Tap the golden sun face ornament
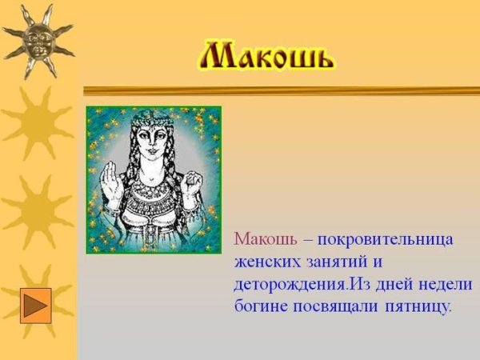point(37,38)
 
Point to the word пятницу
point(419,306)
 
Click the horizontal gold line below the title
point(280,90)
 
